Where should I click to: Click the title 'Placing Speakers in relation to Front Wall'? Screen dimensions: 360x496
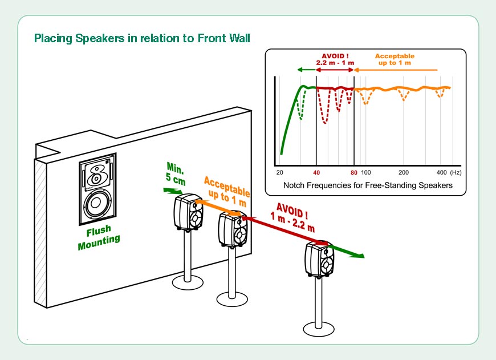pyautogui.click(x=142, y=39)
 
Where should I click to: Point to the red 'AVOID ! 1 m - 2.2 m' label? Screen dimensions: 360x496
pyautogui.click(x=294, y=216)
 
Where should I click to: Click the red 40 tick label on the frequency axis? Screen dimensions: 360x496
pyautogui.click(x=316, y=172)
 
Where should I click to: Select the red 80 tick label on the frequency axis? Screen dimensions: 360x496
pyautogui.click(x=354, y=172)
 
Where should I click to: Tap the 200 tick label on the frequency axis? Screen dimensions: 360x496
pyautogui.click(x=404, y=172)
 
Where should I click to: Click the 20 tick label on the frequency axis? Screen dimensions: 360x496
pyautogui.click(x=279, y=172)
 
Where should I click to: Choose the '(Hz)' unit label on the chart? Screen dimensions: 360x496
pyautogui.click(x=456, y=172)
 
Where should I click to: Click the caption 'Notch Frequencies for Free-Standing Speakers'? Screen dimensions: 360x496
pyautogui.click(x=368, y=185)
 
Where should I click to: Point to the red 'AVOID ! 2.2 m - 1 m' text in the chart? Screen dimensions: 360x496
pyautogui.click(x=335, y=58)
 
